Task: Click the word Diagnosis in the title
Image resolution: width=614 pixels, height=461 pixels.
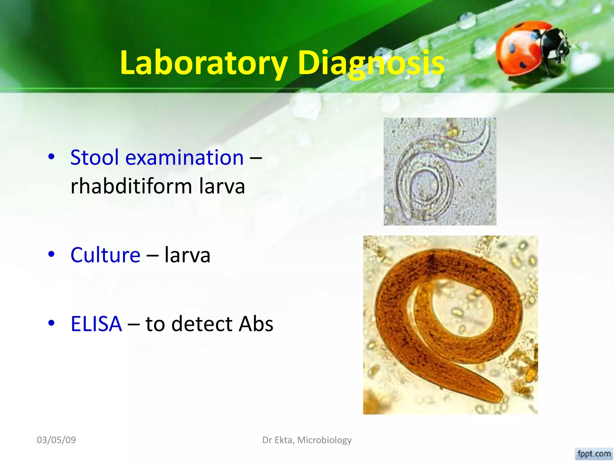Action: coord(371,63)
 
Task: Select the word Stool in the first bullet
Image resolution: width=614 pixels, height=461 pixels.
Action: coord(94,157)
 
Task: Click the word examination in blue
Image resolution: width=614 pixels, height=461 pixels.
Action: coord(184,158)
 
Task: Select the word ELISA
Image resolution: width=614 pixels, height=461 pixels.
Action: coord(96,324)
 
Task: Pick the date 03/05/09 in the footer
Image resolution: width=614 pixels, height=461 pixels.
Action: coord(56,440)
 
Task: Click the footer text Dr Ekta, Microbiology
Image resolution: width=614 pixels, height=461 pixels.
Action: coord(307,440)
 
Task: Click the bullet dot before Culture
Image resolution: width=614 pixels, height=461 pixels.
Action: coord(52,254)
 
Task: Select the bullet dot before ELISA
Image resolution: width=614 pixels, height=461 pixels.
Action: coord(52,323)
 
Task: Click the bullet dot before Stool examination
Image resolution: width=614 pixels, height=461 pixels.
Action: coord(52,156)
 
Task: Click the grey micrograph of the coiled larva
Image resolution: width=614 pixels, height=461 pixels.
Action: coord(440,171)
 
